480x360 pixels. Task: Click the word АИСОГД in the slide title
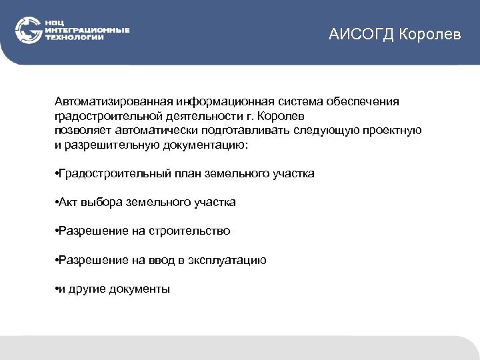pos(361,34)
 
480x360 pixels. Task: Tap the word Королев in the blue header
pos(430,34)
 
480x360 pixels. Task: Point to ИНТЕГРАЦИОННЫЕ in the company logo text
pos(87,31)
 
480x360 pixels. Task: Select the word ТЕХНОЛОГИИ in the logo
pos(74,38)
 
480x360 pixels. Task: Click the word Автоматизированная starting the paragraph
pos(114,101)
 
